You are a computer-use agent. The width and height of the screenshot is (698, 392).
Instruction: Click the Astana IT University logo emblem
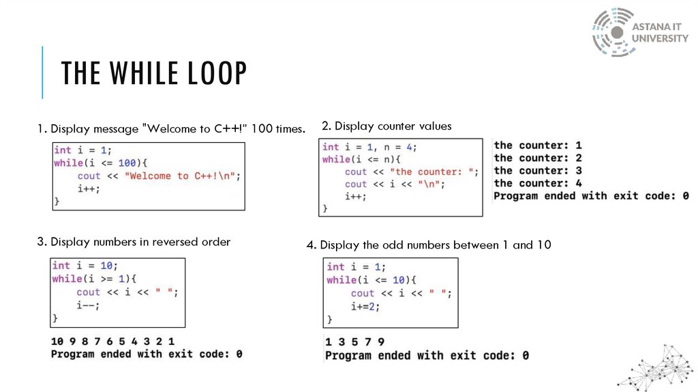point(613,32)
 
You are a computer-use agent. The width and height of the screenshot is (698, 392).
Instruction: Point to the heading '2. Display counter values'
point(386,126)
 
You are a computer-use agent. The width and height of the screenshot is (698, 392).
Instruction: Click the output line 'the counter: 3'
point(538,171)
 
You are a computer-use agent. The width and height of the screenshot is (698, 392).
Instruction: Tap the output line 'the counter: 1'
point(538,145)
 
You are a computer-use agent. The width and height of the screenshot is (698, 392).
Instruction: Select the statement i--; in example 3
point(88,305)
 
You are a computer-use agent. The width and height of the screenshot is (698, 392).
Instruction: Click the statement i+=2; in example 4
point(365,307)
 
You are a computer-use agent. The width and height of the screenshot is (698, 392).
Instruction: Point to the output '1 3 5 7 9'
point(354,342)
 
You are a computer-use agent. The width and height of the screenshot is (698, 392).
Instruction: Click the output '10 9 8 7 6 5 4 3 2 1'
point(113,341)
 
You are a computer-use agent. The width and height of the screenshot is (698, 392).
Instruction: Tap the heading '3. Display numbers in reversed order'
point(134,242)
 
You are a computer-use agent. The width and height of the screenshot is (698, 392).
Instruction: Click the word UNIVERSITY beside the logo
point(660,38)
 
